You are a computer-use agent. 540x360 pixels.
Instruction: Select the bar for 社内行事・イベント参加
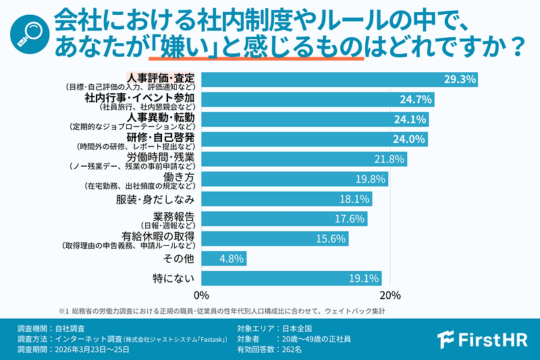pos(317,99)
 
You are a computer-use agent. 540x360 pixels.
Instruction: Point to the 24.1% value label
pos(410,120)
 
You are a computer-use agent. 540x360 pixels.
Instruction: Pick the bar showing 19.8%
pos(294,179)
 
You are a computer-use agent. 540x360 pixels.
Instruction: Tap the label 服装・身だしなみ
pos(157,199)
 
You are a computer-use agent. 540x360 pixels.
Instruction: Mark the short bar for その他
pos(223,258)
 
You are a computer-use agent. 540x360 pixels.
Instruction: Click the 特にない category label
pos(173,278)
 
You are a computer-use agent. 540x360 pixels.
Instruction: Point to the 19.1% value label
pos(364,278)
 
